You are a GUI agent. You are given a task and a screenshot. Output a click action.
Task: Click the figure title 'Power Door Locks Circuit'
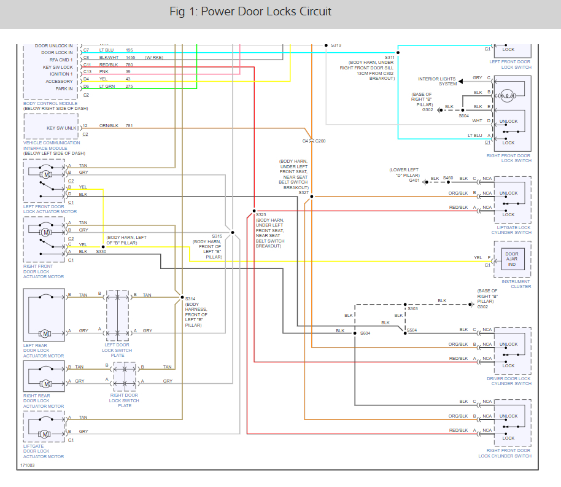pos(266,12)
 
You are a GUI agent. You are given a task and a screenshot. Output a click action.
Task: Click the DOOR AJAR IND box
pos(513,259)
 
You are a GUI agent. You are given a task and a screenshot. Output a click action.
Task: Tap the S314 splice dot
pos(182,297)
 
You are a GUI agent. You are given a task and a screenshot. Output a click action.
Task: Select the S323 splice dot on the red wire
pos(254,211)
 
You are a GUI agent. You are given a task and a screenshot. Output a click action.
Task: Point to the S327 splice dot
pos(312,197)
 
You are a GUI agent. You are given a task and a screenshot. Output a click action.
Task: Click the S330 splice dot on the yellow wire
pos(103,247)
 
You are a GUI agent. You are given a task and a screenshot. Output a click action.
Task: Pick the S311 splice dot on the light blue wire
pos(398,53)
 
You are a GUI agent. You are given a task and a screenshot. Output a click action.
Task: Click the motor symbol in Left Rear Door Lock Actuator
pos(45,333)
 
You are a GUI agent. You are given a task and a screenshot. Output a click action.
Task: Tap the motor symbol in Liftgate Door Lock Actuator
pos(45,434)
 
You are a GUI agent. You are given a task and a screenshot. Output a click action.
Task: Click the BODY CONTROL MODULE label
pos(50,104)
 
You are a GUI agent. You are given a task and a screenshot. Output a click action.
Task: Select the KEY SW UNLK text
pos(61,128)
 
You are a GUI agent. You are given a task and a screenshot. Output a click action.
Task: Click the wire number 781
pos(129,126)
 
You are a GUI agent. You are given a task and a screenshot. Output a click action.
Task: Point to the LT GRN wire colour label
pos(107,87)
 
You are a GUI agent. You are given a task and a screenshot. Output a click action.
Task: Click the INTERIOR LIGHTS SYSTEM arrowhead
pos(461,81)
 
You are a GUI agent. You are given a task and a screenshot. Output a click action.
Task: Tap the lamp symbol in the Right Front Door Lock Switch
pos(507,96)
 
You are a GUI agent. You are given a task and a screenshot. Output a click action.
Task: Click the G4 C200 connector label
pos(314,141)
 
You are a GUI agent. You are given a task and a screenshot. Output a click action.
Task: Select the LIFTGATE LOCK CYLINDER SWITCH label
pos(512,230)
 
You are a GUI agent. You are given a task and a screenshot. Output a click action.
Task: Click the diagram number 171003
pos(28,465)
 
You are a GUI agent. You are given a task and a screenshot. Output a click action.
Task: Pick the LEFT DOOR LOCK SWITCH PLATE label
pos(117,350)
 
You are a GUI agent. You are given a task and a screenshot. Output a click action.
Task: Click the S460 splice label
pos(448,178)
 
